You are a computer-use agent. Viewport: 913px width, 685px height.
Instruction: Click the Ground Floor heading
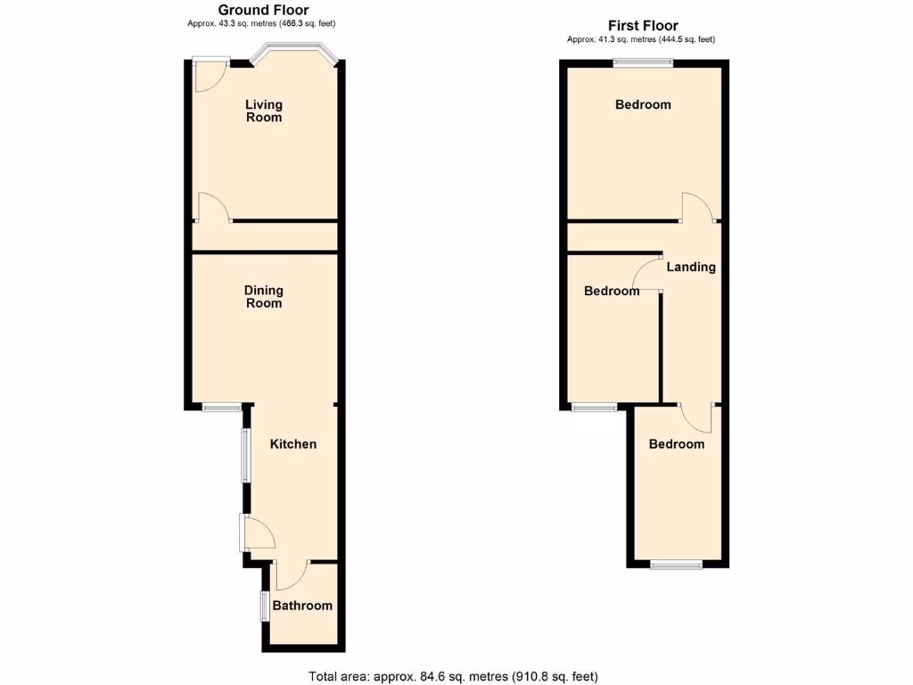point(264,10)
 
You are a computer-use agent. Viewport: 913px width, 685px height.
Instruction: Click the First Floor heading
point(643,26)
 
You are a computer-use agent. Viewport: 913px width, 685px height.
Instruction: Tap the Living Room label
point(264,111)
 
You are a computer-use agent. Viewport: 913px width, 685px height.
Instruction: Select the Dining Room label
point(264,296)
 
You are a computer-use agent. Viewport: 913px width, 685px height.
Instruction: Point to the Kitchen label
point(293,444)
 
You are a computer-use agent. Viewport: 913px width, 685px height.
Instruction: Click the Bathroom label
point(302,606)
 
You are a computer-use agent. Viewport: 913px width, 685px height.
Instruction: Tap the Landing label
point(691,267)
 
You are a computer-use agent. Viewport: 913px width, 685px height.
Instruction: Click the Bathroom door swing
point(291,575)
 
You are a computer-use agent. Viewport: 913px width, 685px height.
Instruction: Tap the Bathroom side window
point(264,607)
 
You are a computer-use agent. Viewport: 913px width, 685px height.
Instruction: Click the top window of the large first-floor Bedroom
point(643,62)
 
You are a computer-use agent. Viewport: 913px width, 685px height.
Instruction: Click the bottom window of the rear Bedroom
point(675,564)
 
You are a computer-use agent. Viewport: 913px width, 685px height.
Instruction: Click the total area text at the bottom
point(459,676)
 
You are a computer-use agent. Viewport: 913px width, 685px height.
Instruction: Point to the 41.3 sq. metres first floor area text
point(641,39)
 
